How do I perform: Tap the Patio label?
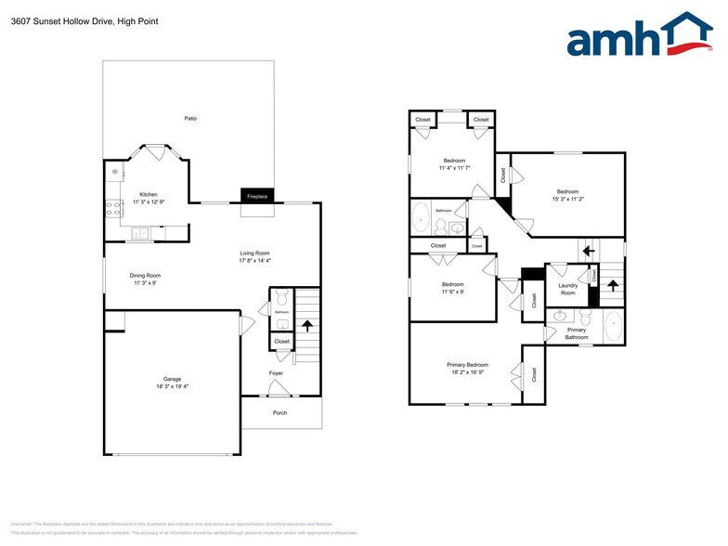coord(190,118)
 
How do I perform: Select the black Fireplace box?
coord(256,197)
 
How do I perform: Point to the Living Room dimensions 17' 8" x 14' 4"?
coord(254,260)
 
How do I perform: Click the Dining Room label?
coord(145,275)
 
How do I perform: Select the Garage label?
coord(172,379)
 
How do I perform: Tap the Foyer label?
coord(276,373)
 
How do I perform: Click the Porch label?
coord(279,412)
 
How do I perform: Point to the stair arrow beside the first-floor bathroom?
coord(307,326)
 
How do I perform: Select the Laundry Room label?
coord(567,289)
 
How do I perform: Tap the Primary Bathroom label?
coord(577,333)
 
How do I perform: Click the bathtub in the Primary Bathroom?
coord(614,328)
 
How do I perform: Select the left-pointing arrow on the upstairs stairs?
coord(586,250)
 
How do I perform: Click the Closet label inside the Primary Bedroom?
coord(534,373)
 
